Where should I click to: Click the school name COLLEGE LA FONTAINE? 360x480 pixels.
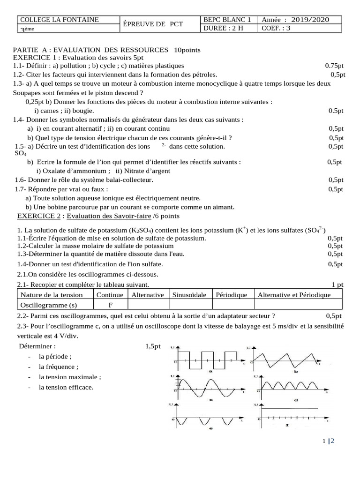[58, 20]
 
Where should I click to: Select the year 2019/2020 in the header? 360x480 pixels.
[310, 20]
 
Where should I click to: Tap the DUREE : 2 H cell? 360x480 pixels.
[223, 28]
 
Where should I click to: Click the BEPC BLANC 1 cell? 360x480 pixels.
[228, 20]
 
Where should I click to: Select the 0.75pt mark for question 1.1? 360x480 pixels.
[334, 66]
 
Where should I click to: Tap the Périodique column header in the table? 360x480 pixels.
[231, 295]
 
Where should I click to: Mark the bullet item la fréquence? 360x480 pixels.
[59, 367]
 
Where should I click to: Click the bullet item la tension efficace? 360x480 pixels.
[66, 387]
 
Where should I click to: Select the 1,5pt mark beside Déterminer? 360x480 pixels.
[153, 346]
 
